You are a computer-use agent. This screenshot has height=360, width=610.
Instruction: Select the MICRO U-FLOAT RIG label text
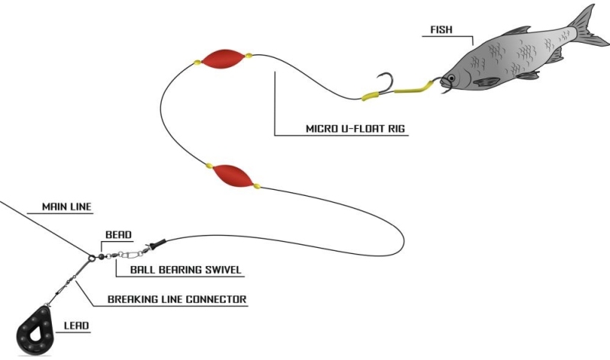[342, 130]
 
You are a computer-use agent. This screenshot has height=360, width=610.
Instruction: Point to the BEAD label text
[117, 234]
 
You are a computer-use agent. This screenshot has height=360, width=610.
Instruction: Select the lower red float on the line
[231, 175]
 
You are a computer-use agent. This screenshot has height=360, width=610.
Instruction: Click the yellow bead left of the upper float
[197, 60]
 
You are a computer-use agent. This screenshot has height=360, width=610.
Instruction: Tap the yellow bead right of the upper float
[249, 56]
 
